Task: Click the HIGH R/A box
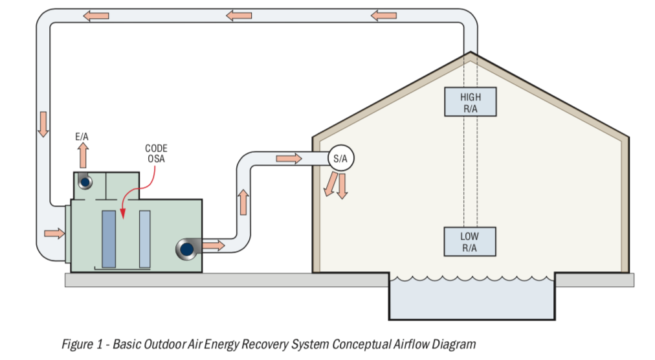(x=471, y=102)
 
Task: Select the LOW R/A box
(x=470, y=242)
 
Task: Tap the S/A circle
(x=340, y=159)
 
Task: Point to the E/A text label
(x=82, y=137)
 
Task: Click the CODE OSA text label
(x=156, y=153)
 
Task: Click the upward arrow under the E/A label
(x=82, y=156)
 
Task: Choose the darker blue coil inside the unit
(x=109, y=239)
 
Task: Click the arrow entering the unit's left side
(x=54, y=232)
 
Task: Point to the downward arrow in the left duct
(x=43, y=124)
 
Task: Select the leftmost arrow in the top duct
(x=96, y=16)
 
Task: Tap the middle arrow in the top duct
(x=239, y=15)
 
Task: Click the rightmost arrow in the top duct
(x=384, y=14)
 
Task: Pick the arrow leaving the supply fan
(x=213, y=245)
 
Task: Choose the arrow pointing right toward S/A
(x=289, y=159)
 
